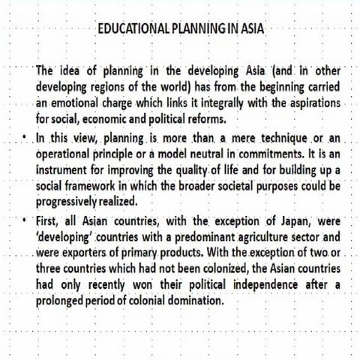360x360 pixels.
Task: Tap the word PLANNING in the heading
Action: click(193, 29)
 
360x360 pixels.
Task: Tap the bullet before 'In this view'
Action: click(25, 139)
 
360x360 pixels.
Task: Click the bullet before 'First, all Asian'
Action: click(25, 223)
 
